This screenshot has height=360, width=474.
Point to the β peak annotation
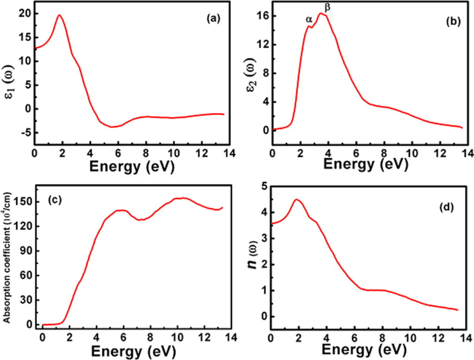click(328, 7)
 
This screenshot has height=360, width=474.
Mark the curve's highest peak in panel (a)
click(59, 15)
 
